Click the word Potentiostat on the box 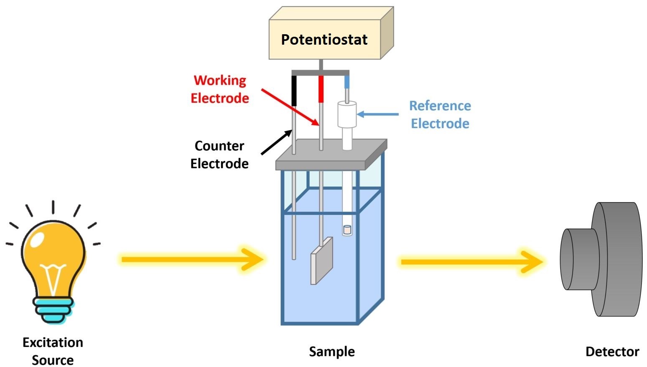click(x=324, y=40)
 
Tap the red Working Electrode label click(x=220, y=89)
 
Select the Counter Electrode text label click(x=219, y=154)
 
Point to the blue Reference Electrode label click(x=440, y=114)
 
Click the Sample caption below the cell click(x=332, y=352)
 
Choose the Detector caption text click(x=612, y=352)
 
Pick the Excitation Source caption click(x=53, y=351)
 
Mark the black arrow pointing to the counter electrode click(x=276, y=142)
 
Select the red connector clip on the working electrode click(x=321, y=89)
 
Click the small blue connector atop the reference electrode click(x=347, y=82)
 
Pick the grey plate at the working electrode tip click(x=321, y=261)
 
